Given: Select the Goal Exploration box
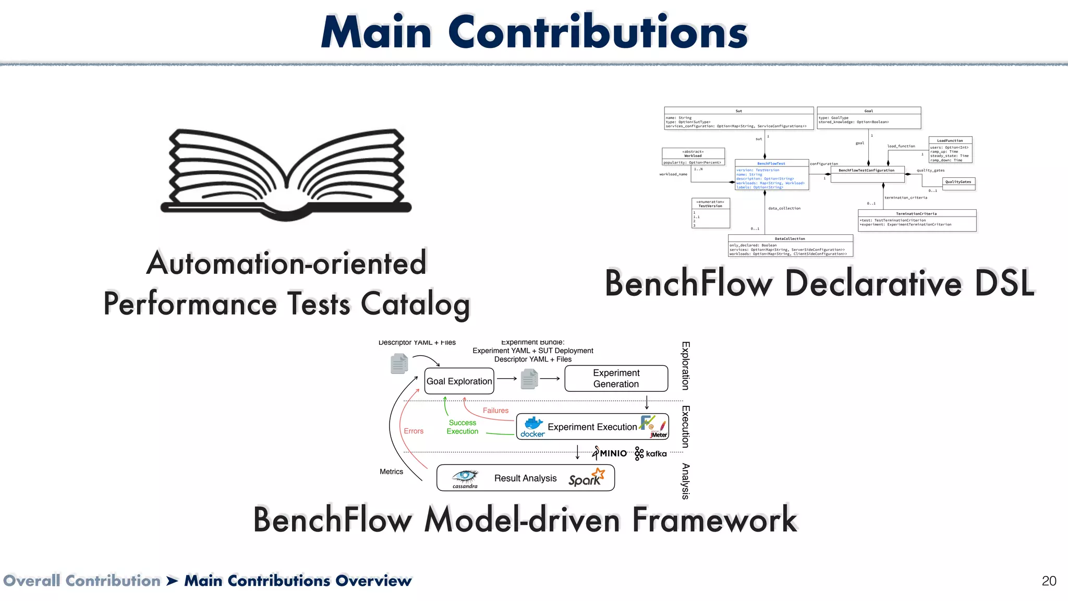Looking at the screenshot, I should [459, 381].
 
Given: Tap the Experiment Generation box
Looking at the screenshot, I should [616, 379].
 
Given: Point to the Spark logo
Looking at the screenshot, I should [586, 478].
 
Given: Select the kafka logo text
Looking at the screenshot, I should [656, 454].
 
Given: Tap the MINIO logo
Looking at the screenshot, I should [611, 453].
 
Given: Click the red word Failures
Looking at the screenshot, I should [495, 411].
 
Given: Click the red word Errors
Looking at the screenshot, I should [414, 431].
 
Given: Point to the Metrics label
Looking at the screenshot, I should [391, 472].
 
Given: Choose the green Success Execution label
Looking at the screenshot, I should [463, 427].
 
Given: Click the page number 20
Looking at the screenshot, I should [1049, 581].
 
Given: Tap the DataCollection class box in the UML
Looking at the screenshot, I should [790, 246].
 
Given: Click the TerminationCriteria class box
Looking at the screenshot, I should [917, 220].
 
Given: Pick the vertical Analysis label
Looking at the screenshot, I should [686, 481].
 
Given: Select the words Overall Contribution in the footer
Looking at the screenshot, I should [82, 581].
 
